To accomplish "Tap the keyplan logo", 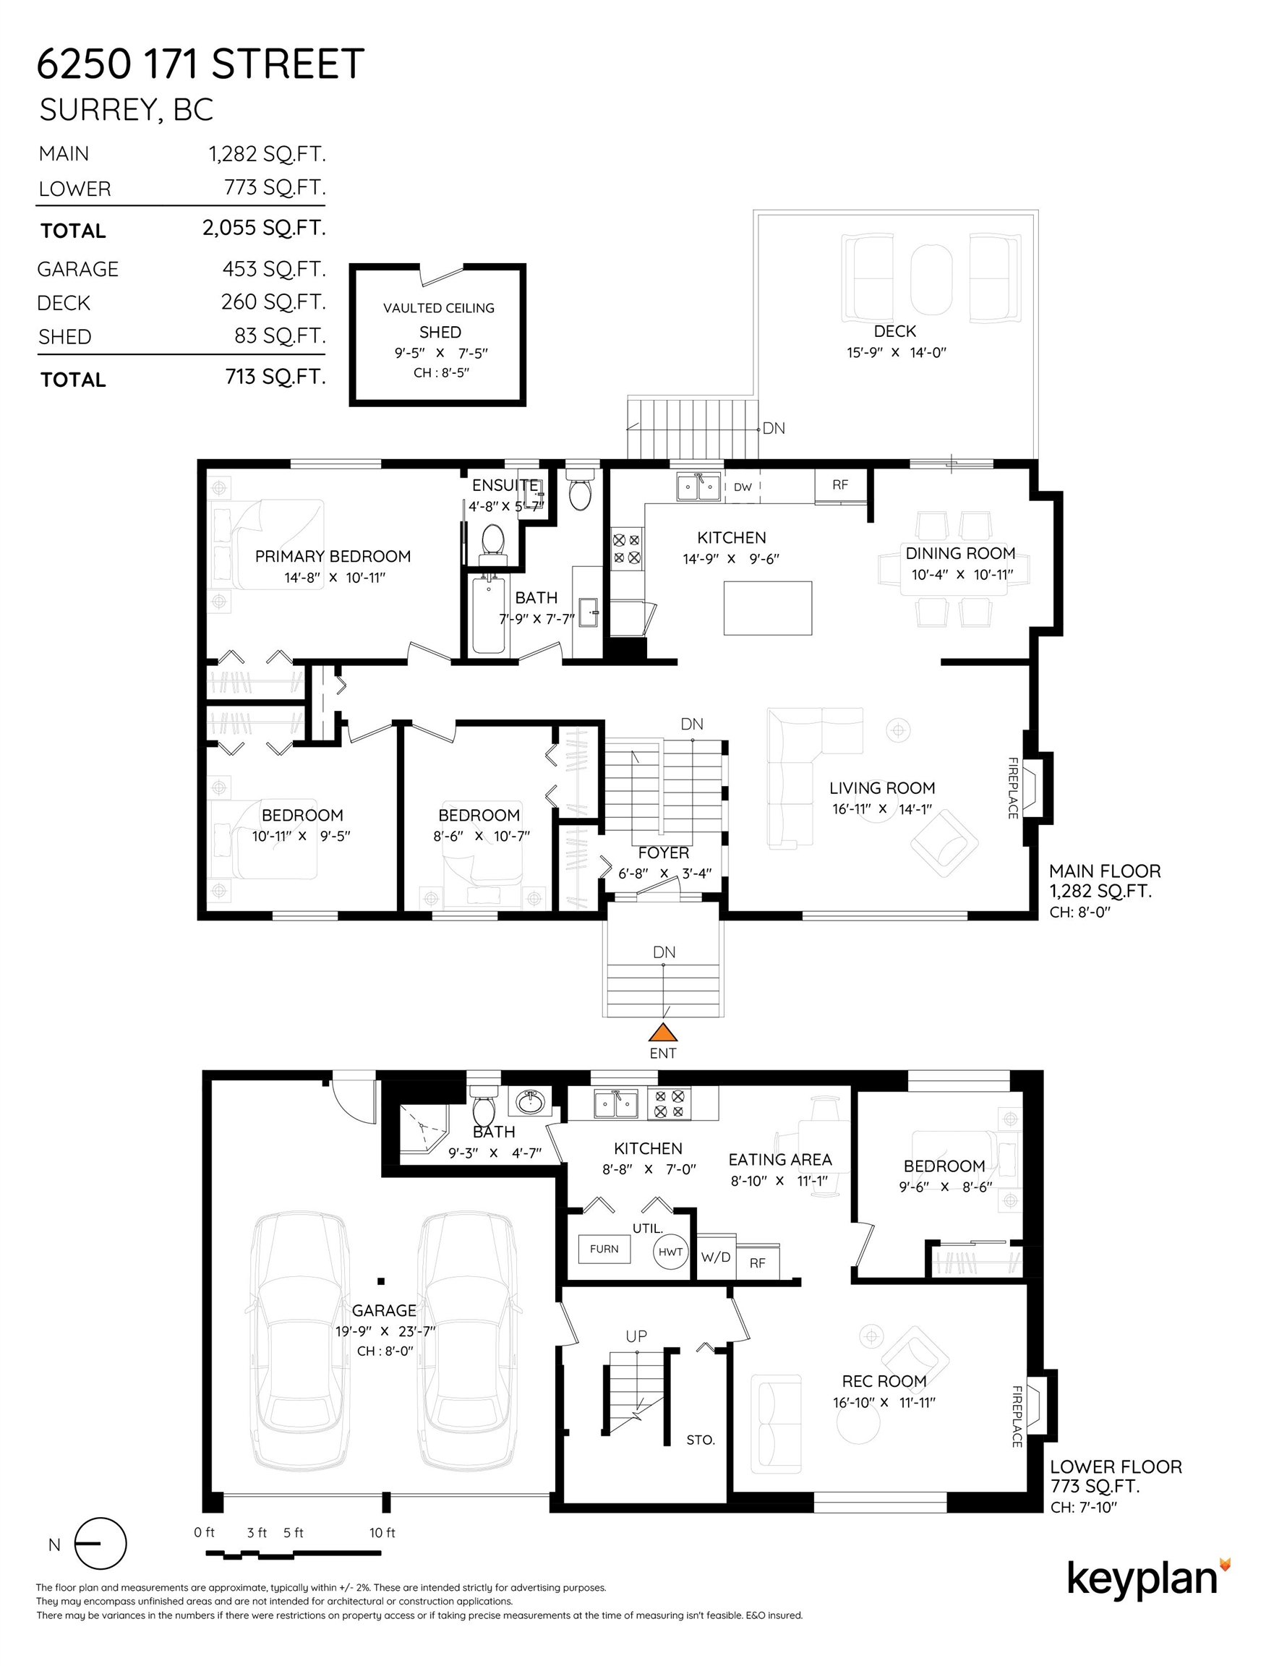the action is click(1148, 1580).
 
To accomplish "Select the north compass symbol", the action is click(100, 1544).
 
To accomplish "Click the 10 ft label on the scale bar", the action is click(382, 1532).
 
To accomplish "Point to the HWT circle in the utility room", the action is click(670, 1252).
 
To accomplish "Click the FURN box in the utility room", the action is click(604, 1249).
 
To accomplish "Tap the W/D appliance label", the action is click(716, 1256).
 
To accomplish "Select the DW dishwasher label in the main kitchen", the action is click(743, 487).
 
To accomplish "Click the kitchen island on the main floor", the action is click(767, 608).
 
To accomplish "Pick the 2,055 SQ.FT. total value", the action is click(264, 227).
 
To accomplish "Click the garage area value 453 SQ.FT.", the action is click(274, 268).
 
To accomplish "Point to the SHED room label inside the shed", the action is click(440, 332).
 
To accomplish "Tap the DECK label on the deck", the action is click(895, 331).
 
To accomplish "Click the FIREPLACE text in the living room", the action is click(1013, 788).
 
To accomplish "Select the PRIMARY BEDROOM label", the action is click(333, 556).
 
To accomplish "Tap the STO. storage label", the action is click(701, 1440).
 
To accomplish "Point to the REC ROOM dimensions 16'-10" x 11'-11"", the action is click(884, 1402).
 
